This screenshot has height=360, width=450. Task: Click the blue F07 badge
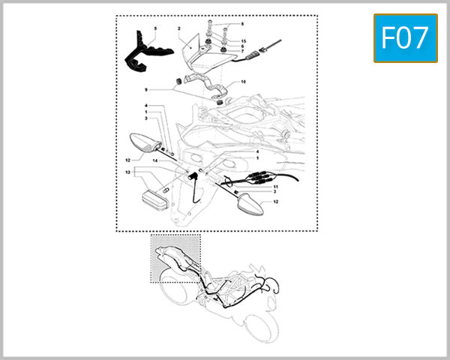click(405, 37)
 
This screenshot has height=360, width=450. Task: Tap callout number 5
click(154, 28)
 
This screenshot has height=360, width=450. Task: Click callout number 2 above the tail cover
click(179, 28)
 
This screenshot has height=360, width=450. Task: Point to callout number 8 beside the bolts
click(241, 25)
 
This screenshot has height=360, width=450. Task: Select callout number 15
click(242, 40)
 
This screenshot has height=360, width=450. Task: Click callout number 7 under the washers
click(242, 52)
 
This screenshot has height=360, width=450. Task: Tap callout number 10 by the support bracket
click(242, 81)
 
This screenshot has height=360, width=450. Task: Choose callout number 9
click(146, 89)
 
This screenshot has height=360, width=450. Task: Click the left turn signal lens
click(143, 142)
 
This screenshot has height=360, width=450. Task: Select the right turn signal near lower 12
click(248, 203)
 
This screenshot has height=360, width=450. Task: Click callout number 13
click(128, 172)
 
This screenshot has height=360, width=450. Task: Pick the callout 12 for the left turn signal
click(128, 159)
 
